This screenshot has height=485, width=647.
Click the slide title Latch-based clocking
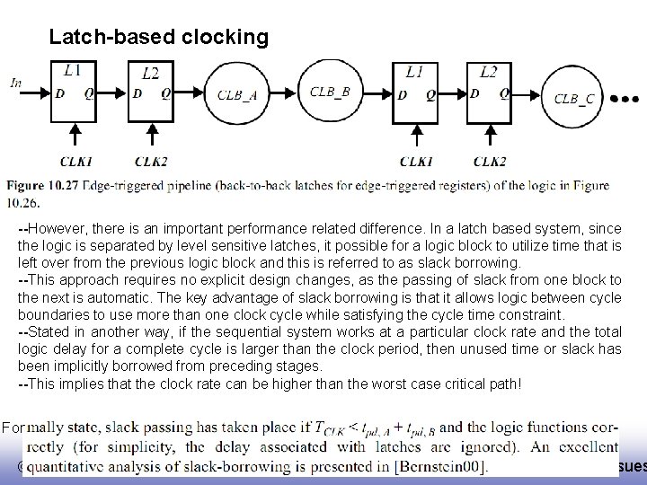[x=158, y=37]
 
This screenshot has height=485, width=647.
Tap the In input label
[x=16, y=82]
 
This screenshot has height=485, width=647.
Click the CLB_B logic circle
[x=331, y=91]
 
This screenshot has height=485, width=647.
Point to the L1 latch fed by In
[x=73, y=90]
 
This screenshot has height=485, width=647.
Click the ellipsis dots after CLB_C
[x=625, y=97]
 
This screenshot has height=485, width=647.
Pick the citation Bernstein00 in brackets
[x=440, y=465]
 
